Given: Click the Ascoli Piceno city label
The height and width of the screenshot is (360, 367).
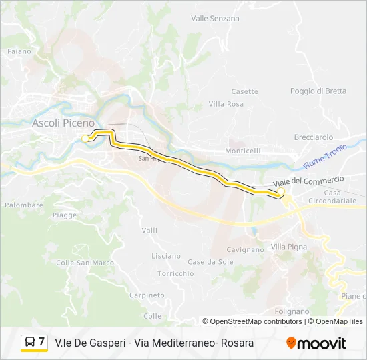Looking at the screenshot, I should point(63,123).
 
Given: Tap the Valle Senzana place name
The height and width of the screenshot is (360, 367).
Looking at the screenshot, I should point(215,19).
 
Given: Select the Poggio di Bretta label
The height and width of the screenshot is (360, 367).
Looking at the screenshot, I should point(318,91).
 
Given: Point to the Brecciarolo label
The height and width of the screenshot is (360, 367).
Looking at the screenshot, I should point(313,137).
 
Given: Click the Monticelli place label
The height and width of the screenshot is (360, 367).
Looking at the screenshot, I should point(243,151).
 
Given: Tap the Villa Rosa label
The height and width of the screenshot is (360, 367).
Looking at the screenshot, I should point(226,104).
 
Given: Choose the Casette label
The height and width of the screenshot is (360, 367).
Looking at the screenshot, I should point(244,92).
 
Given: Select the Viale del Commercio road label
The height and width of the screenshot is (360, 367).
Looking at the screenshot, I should point(308,181).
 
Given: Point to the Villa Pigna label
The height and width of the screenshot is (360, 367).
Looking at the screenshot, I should point(289,247).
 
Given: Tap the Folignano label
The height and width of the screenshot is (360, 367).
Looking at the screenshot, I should point(292,311).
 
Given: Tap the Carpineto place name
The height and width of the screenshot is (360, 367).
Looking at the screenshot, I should point(147,295).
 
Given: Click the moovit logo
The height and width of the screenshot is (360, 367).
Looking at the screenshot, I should point(316,343).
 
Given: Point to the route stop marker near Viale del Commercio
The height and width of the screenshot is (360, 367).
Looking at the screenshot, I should point(281,193).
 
